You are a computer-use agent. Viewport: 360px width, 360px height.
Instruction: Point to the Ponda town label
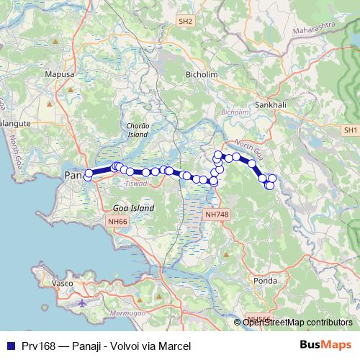[261, 280]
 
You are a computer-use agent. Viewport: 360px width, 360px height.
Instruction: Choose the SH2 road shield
[186, 22]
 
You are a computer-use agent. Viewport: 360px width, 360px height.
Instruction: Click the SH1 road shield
[351, 130]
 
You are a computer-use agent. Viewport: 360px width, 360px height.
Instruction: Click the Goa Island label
[134, 208]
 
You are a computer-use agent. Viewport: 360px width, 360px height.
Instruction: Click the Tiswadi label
[136, 184]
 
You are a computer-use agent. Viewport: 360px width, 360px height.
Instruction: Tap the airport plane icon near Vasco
[81, 302]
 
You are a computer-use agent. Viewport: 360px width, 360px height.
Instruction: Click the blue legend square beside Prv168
[9, 346]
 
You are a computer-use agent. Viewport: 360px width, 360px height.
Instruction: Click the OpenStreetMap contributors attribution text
[297, 322]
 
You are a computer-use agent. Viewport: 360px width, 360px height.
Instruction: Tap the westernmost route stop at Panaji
[88, 176]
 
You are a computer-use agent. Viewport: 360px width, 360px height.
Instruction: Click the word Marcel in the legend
[176, 346]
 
